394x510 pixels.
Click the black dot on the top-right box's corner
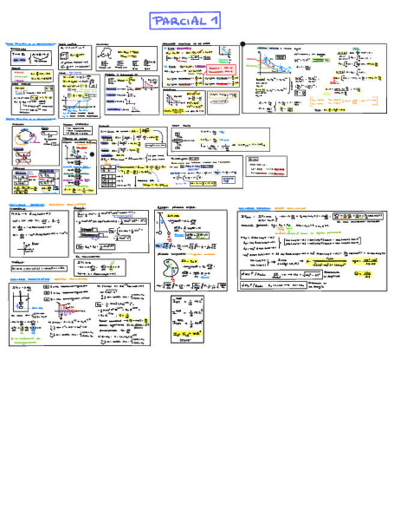click(243, 44)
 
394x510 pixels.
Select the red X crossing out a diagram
click(23, 158)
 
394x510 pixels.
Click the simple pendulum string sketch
click(162, 226)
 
